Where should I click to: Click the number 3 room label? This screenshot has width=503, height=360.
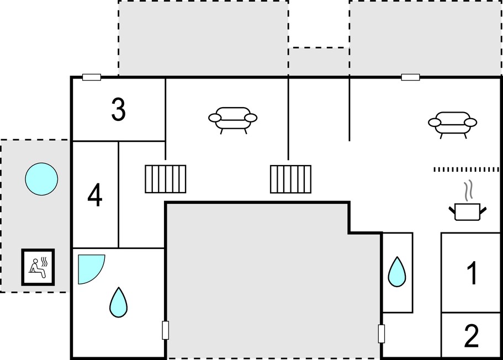[118, 109]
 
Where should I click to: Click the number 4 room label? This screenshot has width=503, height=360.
[94, 195]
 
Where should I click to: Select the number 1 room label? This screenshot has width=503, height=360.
[472, 273]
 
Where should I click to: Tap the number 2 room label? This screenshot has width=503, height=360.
[472, 336]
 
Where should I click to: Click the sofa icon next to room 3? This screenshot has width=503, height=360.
[232, 120]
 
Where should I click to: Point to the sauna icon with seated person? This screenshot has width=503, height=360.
[38, 267]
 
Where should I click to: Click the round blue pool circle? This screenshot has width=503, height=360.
[41, 179]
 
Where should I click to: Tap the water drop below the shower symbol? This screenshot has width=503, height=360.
[118, 302]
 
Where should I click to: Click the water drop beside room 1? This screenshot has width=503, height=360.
[397, 272]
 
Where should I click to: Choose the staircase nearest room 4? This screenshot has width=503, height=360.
[166, 179]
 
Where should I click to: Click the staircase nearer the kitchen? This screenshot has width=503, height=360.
[290, 179]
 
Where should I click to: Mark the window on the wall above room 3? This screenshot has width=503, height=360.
[92, 77]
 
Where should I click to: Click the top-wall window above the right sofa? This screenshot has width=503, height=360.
[411, 77]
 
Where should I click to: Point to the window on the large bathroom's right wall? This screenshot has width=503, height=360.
[166, 330]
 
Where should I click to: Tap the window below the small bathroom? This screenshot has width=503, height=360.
[382, 333]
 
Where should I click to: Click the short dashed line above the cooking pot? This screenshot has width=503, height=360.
[467, 170]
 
